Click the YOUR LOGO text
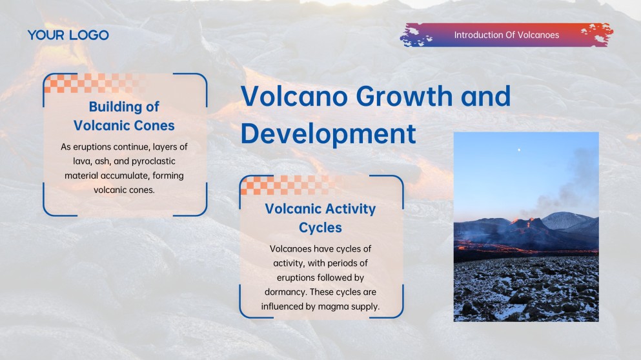pos(68,35)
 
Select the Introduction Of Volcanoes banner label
pos(506,35)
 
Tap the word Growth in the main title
pos(401,97)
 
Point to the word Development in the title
pos(328,134)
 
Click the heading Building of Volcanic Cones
pos(124,115)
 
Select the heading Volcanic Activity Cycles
pos(320,218)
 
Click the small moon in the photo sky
pos(519,150)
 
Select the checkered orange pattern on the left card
pos(90,83)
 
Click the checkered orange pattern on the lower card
pos(287,185)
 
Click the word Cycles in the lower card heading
pos(320,227)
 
